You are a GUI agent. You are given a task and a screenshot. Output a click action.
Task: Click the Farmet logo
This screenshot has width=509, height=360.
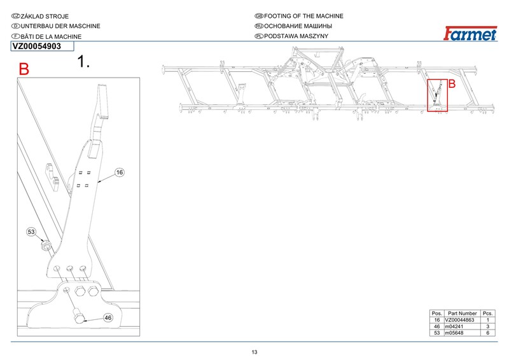tap(470, 34)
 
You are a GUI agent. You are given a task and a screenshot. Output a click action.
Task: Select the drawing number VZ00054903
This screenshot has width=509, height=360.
tap(37, 46)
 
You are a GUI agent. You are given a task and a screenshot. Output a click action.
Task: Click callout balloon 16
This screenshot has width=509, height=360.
tap(120, 172)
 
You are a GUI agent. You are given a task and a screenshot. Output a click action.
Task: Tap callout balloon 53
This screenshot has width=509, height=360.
tap(31, 232)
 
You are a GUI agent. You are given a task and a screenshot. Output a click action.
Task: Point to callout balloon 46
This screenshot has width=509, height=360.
tap(108, 318)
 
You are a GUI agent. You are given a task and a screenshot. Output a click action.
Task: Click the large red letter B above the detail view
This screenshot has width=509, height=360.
tap(24, 69)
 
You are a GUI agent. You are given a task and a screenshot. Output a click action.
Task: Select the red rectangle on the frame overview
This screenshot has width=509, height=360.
tap(437, 95)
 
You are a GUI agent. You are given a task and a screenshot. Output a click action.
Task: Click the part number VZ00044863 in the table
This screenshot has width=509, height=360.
tap(459, 320)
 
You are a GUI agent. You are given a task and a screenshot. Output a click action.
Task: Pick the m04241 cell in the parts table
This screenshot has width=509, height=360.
tap(454, 326)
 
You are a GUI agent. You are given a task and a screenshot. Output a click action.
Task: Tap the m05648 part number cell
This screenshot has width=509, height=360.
tap(454, 333)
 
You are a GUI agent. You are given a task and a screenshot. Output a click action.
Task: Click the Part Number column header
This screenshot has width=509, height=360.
tap(463, 314)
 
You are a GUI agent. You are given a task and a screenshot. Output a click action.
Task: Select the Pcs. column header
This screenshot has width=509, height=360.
tap(487, 314)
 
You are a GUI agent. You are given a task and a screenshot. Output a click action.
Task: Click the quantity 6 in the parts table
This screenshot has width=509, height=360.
tap(487, 333)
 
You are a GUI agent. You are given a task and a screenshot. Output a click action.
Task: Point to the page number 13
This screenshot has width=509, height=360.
tap(254, 352)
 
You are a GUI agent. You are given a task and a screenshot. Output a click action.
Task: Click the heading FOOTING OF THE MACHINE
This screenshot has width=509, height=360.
tap(303, 16)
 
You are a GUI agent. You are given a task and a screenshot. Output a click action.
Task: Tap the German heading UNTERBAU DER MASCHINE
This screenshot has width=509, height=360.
tap(60, 26)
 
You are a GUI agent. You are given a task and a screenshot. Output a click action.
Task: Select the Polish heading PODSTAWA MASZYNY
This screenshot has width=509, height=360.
tap(296, 36)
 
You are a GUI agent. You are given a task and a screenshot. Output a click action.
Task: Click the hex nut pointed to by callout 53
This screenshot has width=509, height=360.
tap(45, 246)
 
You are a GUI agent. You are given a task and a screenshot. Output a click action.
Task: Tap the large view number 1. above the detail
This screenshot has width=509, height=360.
tap(83, 61)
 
